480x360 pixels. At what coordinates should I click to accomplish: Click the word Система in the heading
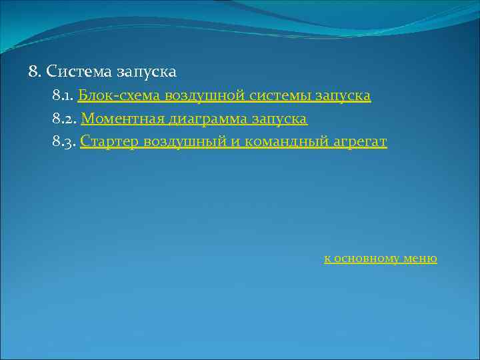79,71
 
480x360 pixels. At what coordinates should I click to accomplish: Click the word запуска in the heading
146,71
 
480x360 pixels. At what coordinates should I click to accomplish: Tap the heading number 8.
35,71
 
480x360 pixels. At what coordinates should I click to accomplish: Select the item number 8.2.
64,119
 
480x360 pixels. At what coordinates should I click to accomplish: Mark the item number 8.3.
64,142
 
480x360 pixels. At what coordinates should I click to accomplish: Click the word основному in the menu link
367,259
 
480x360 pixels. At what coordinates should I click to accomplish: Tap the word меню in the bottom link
421,259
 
